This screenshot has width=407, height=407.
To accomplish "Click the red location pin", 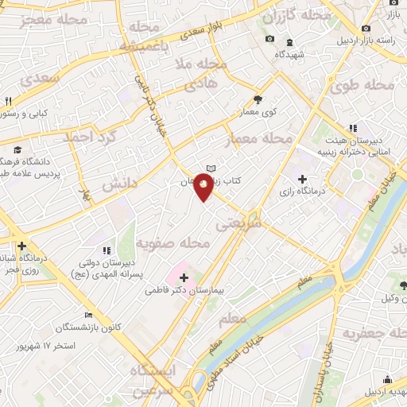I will (x=204, y=187).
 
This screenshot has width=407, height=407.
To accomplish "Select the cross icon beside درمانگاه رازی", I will (x=301, y=178).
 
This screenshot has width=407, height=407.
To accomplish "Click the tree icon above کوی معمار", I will (x=258, y=100).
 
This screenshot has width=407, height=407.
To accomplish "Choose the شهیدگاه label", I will (x=291, y=55).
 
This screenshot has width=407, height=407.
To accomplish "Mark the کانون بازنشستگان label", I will (x=88, y=328).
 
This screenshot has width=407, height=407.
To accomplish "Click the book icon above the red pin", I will (x=211, y=168).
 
